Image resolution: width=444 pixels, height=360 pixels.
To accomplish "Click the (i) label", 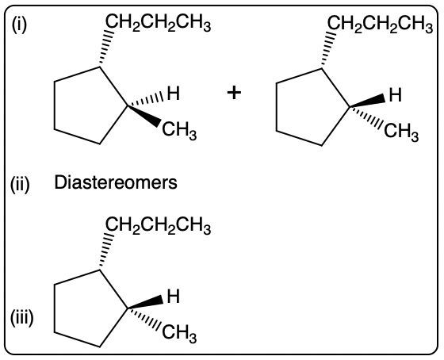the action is click(x=20, y=25).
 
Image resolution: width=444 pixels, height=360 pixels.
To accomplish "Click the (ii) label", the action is click(x=20, y=185).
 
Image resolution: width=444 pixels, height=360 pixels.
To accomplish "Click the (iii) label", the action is click(x=22, y=318).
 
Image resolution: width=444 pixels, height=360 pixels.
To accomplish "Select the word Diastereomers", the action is click(x=116, y=182).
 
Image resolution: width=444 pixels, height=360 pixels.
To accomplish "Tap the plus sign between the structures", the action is click(x=234, y=93).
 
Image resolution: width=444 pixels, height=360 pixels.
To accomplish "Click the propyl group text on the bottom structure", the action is click(x=158, y=226).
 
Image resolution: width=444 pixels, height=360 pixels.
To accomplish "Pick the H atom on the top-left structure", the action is click(x=174, y=94).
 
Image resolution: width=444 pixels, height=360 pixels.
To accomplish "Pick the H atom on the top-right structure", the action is click(x=396, y=95).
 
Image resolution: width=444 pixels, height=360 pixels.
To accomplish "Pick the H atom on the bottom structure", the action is click(x=174, y=297).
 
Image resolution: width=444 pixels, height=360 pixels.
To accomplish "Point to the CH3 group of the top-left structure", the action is click(x=179, y=131).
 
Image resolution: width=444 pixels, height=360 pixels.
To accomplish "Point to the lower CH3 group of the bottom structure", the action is click(x=179, y=333).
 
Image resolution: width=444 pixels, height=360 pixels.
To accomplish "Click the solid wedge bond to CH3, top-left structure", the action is click(x=144, y=116).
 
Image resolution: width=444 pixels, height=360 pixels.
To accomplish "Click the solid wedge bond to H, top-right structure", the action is click(x=367, y=101).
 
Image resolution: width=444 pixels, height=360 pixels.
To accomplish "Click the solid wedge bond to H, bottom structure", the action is click(x=145, y=303).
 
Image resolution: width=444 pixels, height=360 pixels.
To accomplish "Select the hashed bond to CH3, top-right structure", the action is click(x=366, y=117).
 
